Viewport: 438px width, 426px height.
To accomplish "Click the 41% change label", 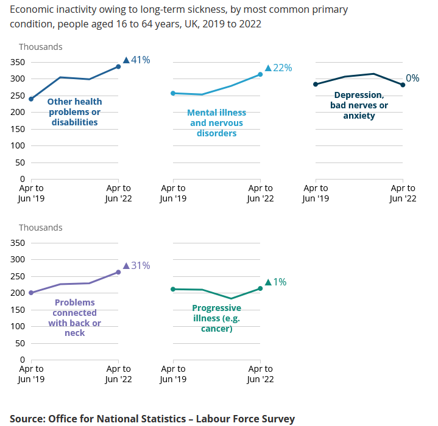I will click(x=136, y=60).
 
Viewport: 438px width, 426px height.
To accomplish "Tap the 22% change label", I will click(x=278, y=68).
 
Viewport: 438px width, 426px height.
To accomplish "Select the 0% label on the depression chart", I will click(x=412, y=78).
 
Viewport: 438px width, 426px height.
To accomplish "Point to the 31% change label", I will click(x=136, y=265).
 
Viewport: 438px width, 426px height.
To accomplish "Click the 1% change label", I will click(x=275, y=282).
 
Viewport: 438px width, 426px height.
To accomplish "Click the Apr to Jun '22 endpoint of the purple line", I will click(x=118, y=272).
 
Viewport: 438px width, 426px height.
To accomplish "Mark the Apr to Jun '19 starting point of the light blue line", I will click(x=173, y=93).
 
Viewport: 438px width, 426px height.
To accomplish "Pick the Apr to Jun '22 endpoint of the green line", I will click(x=261, y=288).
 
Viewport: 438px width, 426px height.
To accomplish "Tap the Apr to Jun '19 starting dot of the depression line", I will click(x=316, y=85).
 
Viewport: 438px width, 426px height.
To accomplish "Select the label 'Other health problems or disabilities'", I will click(x=74, y=112).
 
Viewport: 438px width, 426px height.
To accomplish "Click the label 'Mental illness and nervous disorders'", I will click(x=216, y=123).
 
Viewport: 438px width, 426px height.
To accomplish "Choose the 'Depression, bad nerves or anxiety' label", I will click(x=359, y=105).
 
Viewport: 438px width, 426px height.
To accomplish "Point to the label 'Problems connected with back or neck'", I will click(x=74, y=318).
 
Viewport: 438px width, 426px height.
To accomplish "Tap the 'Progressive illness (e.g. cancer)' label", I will click(x=216, y=318).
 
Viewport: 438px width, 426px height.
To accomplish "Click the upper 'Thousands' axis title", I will click(x=40, y=47).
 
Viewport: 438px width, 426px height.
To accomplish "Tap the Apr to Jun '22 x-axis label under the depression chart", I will click(x=402, y=194).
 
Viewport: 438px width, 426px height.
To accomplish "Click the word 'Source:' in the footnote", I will click(x=27, y=419).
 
